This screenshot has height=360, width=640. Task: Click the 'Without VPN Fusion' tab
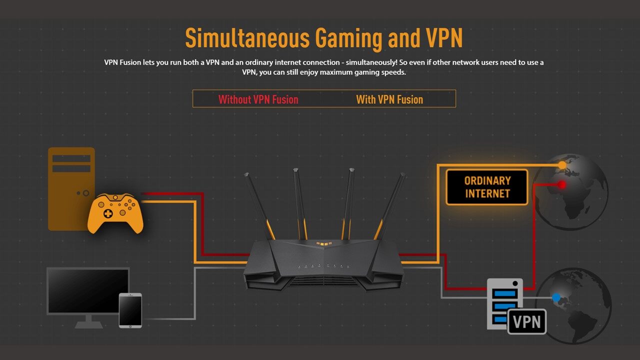[258, 99]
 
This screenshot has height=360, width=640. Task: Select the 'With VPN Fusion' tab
[389, 99]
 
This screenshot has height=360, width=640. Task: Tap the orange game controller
[115, 213]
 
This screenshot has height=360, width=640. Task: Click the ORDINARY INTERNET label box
[487, 187]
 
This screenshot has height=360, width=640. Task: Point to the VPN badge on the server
[527, 321]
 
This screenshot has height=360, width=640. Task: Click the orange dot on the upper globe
[562, 164]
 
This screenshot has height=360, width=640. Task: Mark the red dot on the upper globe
[562, 184]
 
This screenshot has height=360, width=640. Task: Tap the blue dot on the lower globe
[556, 297]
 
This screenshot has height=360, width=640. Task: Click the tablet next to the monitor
[130, 310]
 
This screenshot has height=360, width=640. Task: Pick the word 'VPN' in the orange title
[444, 38]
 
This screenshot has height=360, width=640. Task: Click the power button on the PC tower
[86, 193]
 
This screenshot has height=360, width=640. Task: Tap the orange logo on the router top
[324, 244]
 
